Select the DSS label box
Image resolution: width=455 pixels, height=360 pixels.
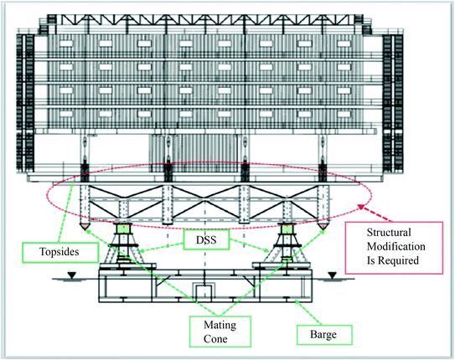[x=205, y=240]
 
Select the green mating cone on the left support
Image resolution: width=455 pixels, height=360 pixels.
[x=125, y=228]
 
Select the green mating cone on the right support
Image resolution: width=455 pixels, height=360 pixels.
[x=288, y=228]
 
